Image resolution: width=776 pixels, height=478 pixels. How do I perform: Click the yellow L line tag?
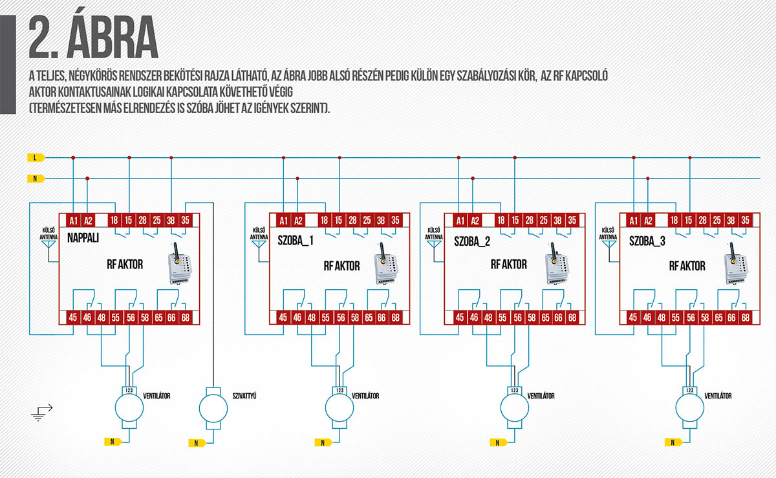[35, 157]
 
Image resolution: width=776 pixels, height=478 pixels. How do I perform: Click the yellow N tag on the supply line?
[35, 178]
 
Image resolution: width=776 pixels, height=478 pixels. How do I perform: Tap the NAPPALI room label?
[83, 238]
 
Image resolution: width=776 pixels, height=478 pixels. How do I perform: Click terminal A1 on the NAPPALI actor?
[74, 220]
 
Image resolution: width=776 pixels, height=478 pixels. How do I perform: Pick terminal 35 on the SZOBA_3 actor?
[746, 221]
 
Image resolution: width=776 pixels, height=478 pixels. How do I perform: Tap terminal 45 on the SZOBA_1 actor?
[283, 318]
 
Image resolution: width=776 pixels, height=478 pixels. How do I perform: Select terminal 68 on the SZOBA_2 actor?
[572, 318]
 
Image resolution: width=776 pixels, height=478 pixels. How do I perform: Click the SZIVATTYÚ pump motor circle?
[213, 407]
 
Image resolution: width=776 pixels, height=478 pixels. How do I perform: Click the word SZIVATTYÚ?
[245, 395]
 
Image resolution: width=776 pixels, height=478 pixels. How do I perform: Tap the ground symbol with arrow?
[41, 413]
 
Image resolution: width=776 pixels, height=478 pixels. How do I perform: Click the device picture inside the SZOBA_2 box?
[556, 263]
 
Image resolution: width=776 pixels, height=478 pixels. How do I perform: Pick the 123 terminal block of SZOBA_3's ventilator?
[689, 390]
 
